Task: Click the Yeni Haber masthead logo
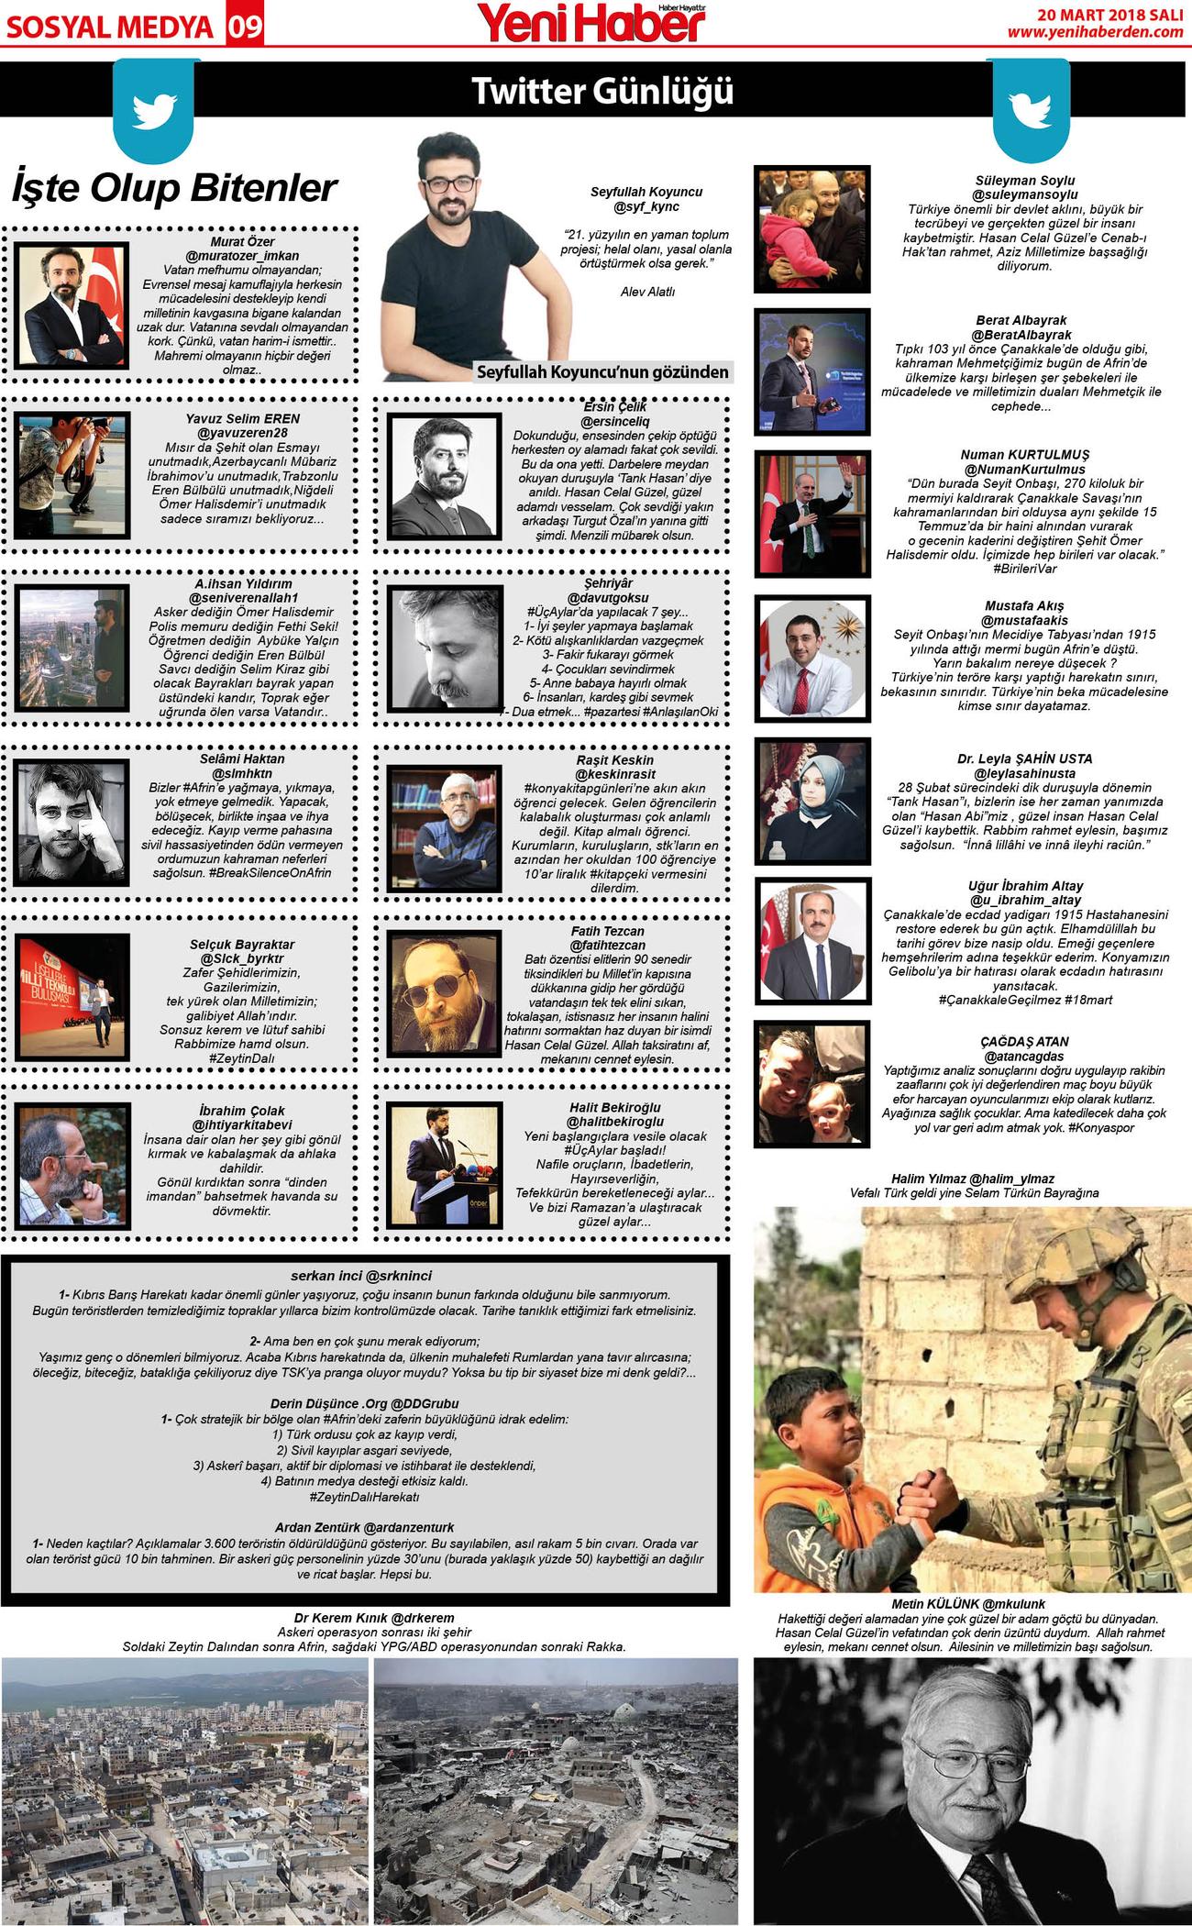click(591, 23)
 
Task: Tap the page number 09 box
click(245, 27)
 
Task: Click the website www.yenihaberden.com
click(1095, 32)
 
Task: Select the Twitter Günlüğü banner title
click(602, 92)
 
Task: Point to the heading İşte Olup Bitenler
click(174, 188)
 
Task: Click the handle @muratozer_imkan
click(242, 256)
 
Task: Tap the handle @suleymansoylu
click(1024, 194)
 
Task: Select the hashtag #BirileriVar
click(1024, 569)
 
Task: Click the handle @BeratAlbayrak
click(1021, 335)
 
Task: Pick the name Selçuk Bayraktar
click(242, 944)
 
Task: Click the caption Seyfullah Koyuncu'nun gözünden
click(602, 371)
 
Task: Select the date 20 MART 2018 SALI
click(1109, 14)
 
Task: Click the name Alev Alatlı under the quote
click(647, 292)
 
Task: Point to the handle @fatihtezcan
click(607, 945)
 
